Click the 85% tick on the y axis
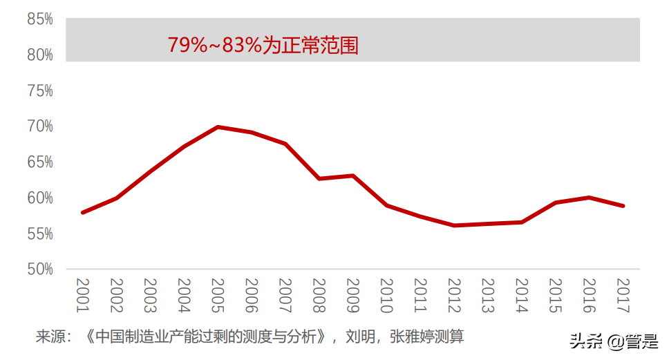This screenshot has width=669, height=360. point(40,19)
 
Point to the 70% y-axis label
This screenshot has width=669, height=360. point(40,126)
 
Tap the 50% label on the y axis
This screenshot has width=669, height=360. point(40,269)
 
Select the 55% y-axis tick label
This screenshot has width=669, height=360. point(40,234)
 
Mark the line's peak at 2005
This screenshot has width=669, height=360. point(218,127)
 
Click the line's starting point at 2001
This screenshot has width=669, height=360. point(83,212)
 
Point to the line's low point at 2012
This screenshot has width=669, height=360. point(454,225)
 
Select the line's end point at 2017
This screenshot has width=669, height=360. point(623,205)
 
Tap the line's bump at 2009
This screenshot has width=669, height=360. point(353,176)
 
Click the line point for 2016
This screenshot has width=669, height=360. point(590,198)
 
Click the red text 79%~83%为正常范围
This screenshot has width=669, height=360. point(263,46)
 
